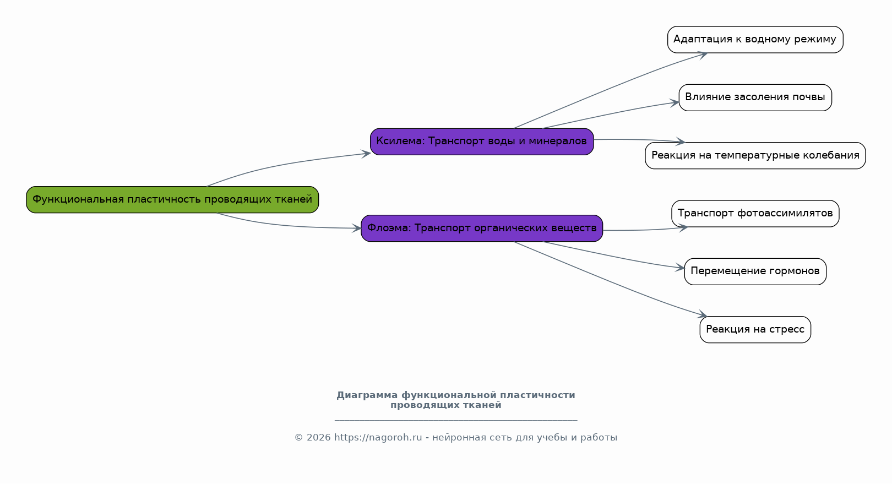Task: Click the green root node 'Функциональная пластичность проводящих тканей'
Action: click(172, 199)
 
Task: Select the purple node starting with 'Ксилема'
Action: click(482, 142)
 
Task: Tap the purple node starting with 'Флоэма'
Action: click(482, 229)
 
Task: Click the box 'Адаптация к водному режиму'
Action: click(755, 40)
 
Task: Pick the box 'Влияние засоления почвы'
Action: click(755, 97)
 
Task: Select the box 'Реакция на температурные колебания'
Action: click(755, 156)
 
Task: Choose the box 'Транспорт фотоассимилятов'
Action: click(755, 214)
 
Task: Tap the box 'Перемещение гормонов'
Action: click(755, 271)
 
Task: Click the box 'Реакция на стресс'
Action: click(755, 330)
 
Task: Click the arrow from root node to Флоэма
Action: click(287, 225)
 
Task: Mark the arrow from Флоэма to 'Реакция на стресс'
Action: click(610, 281)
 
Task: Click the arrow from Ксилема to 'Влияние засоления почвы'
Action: click(611, 113)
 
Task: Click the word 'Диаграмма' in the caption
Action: click(367, 395)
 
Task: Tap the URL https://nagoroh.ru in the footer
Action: click(378, 438)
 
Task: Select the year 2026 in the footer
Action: click(319, 438)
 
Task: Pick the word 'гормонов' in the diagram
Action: click(794, 271)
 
